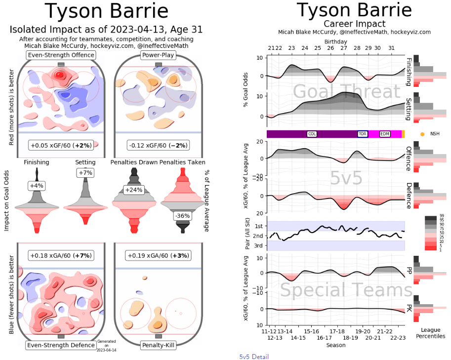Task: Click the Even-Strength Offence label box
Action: tap(61, 55)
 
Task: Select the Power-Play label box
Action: tap(158, 55)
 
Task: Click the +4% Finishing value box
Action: tap(37, 186)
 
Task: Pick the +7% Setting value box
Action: tap(85, 172)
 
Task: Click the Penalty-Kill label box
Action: tap(158, 345)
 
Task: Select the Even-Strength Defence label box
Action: tap(61, 345)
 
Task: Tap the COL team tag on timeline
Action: tap(312, 134)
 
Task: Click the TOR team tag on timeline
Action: tap(363, 134)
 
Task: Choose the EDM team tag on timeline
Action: tap(385, 134)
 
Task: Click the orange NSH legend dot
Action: tap(422, 134)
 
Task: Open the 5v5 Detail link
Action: tap(254, 357)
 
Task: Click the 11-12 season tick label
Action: tap(269, 331)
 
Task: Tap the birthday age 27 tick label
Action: tap(330, 48)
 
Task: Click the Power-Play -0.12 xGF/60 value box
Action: tap(158, 146)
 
